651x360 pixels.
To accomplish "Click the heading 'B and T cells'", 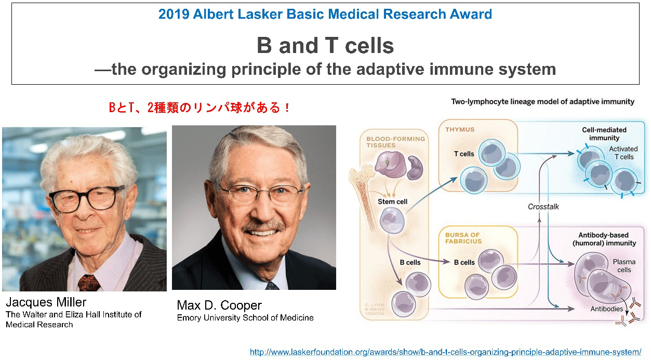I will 325,46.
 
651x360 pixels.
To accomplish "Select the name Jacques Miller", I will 46,302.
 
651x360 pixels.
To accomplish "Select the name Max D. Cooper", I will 219,305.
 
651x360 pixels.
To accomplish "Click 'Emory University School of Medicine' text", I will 245,317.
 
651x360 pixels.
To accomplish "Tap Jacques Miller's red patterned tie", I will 89,283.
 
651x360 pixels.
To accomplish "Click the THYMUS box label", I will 459,129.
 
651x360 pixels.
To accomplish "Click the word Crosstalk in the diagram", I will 543,206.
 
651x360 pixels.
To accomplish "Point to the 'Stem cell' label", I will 393,202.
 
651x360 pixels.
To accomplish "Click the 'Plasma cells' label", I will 623,266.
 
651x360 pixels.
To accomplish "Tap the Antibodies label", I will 607,309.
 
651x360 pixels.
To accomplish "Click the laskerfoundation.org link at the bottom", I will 445,352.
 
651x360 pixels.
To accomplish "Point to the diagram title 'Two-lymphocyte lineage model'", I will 542,102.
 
